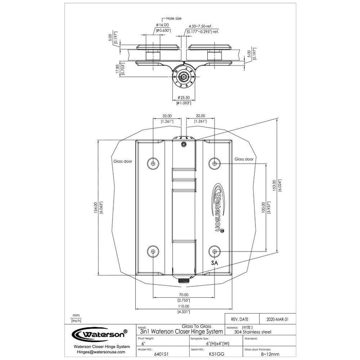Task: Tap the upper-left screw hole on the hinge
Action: tap(152, 163)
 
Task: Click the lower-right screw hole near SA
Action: tap(214, 251)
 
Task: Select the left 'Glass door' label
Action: tap(122, 161)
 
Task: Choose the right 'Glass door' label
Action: tap(244, 159)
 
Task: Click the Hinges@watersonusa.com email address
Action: tap(97, 353)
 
